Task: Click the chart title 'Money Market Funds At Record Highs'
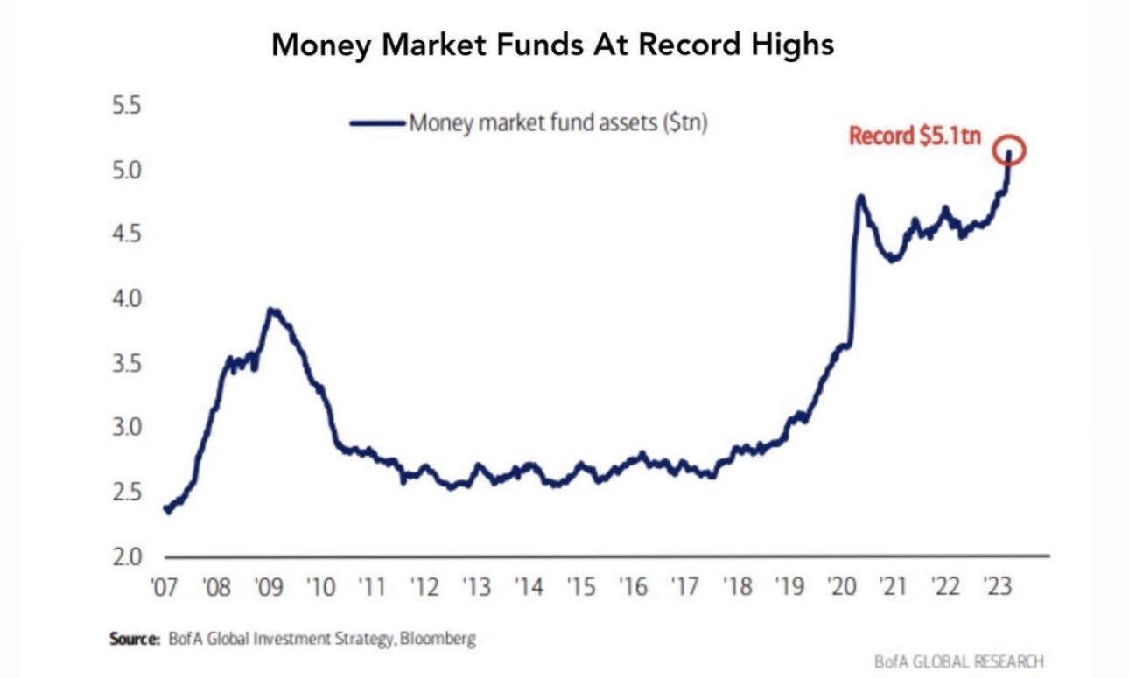coord(552,45)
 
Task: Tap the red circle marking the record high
coord(1010,150)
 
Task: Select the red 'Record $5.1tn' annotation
coord(915,136)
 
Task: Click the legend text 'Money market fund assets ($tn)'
coord(558,123)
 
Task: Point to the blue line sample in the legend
coord(376,123)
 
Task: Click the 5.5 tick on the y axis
coord(128,107)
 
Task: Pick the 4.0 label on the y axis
coord(128,299)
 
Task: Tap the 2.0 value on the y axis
coord(128,556)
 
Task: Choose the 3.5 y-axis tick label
coord(128,364)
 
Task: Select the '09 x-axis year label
coord(270,587)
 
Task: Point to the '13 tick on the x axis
coord(477,587)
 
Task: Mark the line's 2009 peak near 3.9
coord(272,310)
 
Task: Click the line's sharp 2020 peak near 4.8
coord(859,197)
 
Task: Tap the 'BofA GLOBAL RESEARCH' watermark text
coord(958,661)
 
